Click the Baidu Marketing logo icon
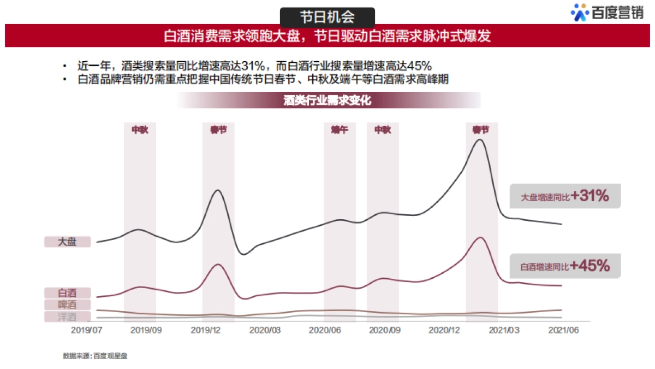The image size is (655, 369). click(x=580, y=12)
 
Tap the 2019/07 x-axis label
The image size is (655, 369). click(x=87, y=330)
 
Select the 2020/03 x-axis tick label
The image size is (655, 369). click(x=265, y=330)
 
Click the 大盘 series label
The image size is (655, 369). click(x=67, y=242)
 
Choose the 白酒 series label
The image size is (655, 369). click(x=67, y=293)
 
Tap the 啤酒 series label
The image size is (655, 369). click(x=67, y=305)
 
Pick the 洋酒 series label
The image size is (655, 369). click(x=67, y=317)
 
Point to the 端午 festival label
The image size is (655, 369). click(x=340, y=130)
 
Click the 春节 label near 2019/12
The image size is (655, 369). click(x=218, y=130)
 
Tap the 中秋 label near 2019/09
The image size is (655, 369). click(x=140, y=130)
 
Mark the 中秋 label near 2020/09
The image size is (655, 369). click(x=383, y=130)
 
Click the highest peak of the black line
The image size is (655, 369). click(x=480, y=139)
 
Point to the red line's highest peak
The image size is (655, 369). click(x=480, y=237)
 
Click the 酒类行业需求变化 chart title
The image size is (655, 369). click(x=327, y=101)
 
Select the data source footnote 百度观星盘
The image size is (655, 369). click(x=95, y=356)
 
